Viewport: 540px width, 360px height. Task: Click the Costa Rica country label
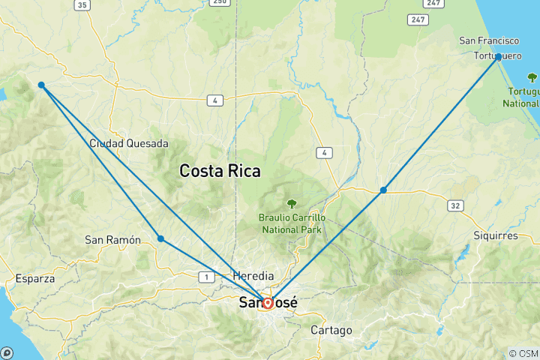click(x=220, y=171)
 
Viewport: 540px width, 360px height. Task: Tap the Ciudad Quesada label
click(x=128, y=143)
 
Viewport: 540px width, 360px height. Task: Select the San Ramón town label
click(x=112, y=240)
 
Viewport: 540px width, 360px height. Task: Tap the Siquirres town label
click(x=495, y=235)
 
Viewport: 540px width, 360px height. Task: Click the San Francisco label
click(x=490, y=40)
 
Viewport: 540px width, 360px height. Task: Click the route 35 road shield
click(x=82, y=5)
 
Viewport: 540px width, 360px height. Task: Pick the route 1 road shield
click(x=205, y=277)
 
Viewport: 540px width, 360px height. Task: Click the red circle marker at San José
click(x=267, y=304)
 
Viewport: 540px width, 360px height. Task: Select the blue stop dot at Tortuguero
click(x=498, y=56)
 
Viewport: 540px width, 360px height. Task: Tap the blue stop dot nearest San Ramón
click(x=160, y=238)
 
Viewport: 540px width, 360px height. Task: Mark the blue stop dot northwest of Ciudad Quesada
click(x=41, y=85)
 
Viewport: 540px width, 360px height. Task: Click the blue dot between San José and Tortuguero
click(x=383, y=190)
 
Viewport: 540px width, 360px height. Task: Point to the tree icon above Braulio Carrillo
click(x=292, y=203)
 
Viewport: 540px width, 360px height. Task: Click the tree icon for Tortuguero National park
click(x=532, y=76)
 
